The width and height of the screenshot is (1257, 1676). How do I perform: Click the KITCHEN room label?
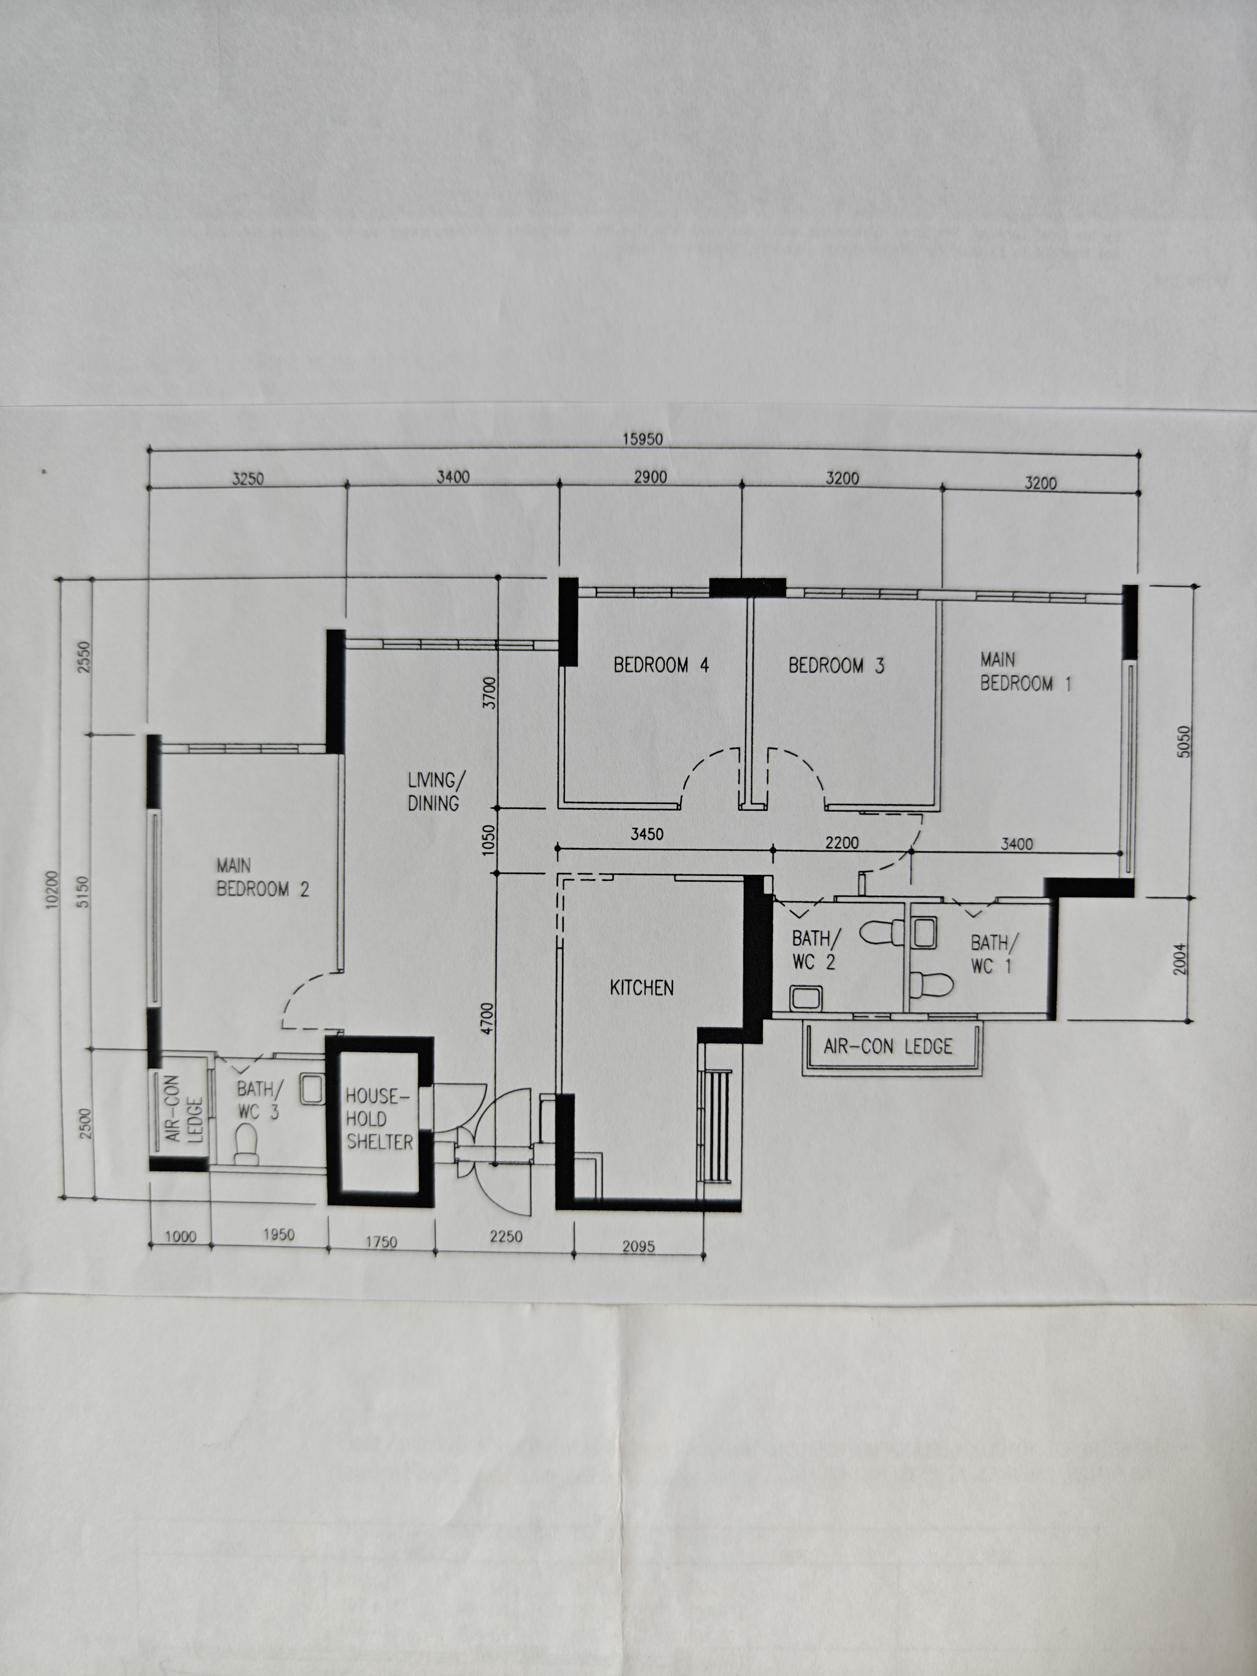641,987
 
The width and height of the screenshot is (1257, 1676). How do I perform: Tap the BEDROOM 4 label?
661,665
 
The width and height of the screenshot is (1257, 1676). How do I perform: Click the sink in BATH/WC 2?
805,998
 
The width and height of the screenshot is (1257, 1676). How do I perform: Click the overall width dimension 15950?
642,439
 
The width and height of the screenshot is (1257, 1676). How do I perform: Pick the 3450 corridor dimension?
647,834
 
